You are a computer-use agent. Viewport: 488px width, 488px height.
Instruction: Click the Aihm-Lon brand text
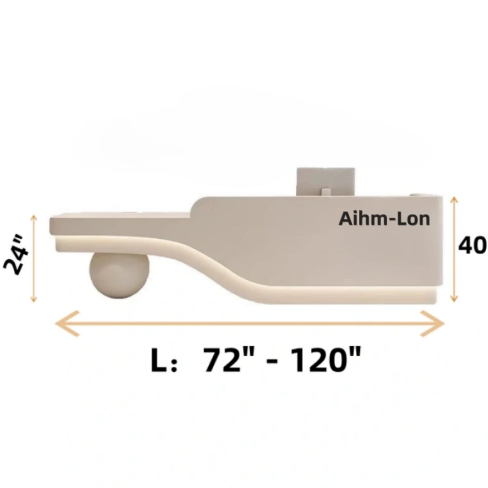pyautogui.click(x=384, y=220)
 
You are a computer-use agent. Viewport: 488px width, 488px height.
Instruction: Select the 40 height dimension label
pyautogui.click(x=472, y=245)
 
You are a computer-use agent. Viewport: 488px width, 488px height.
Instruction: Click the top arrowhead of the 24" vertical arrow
pyautogui.click(x=33, y=218)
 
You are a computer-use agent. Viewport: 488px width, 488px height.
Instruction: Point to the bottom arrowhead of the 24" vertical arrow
pyautogui.click(x=33, y=300)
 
